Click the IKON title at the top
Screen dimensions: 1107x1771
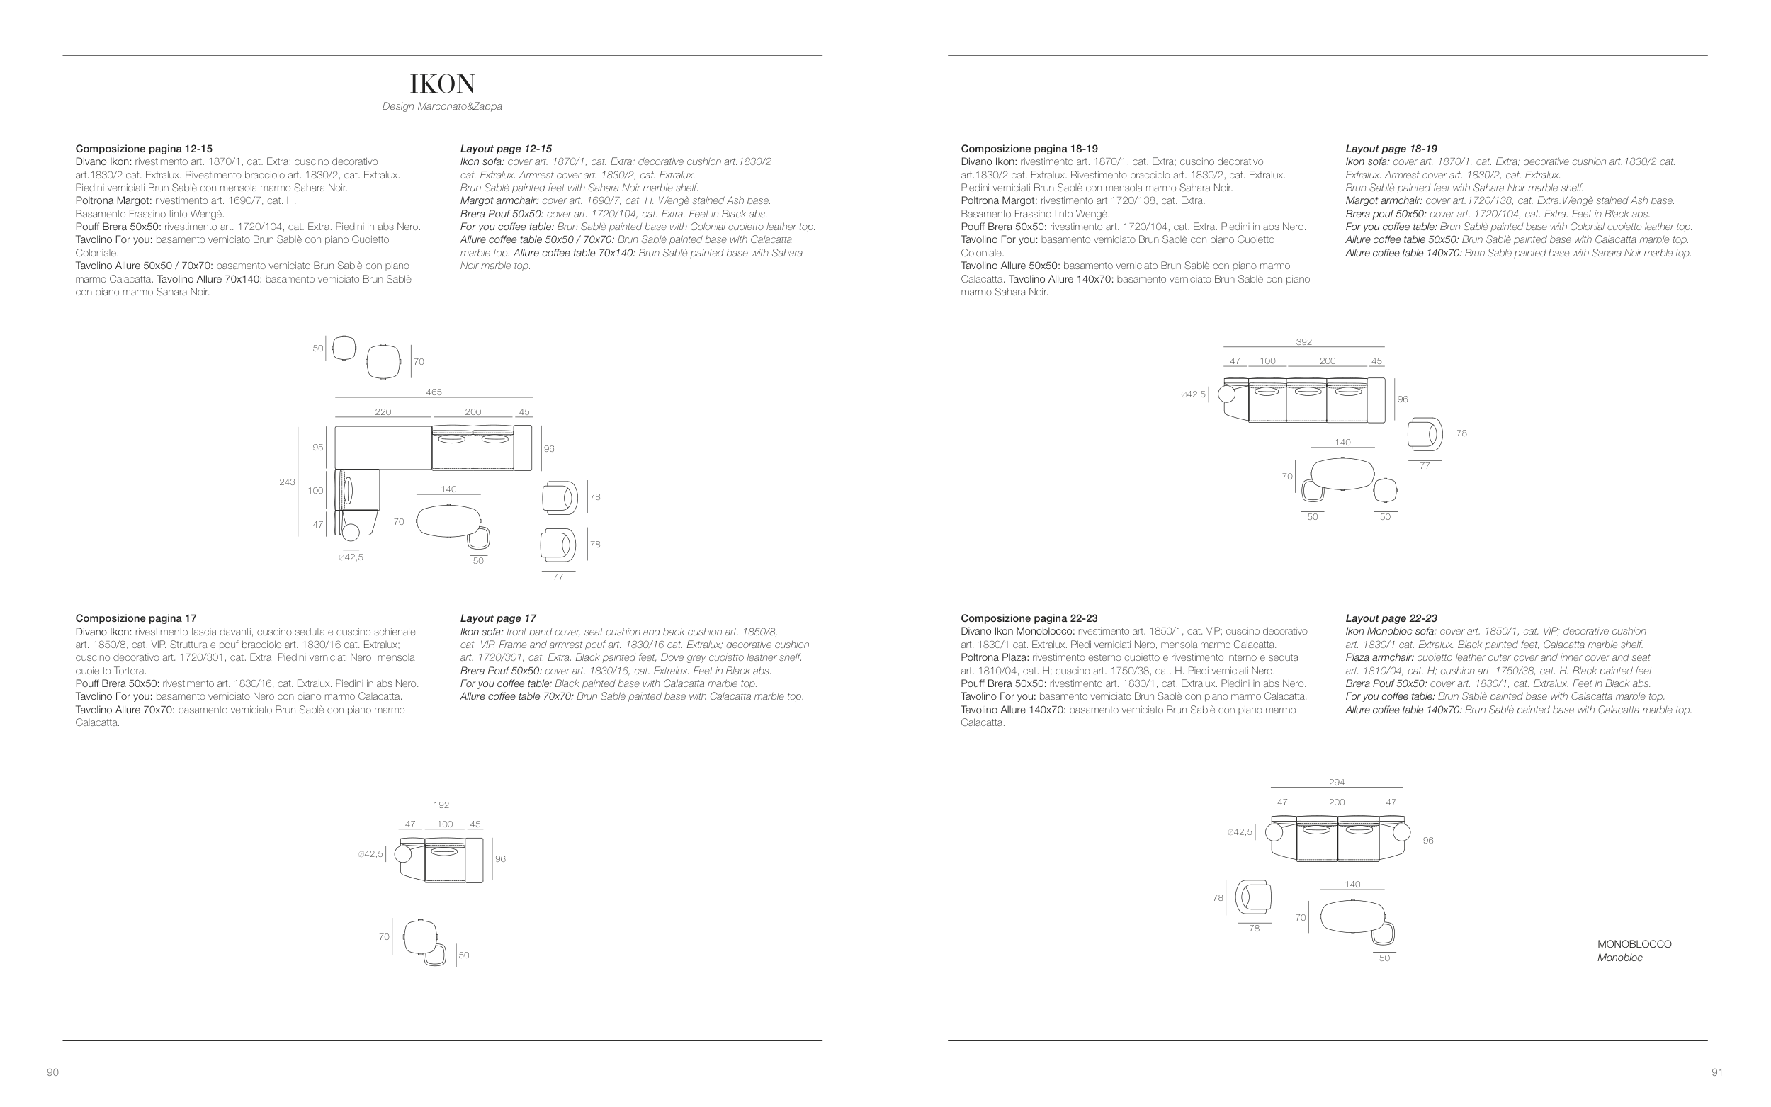442,84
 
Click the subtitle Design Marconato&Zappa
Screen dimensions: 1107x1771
441,107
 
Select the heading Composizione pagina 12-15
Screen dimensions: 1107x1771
144,149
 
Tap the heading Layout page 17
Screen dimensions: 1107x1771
497,619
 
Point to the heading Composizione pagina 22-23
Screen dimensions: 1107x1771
1029,619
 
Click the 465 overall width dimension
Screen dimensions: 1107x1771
434,392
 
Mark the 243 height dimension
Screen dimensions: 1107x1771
287,482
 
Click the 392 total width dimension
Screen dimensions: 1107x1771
1303,342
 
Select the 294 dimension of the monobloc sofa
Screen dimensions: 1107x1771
1336,783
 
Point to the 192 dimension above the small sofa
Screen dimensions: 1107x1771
441,805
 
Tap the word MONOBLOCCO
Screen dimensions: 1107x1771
1634,945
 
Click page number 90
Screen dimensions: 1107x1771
52,1072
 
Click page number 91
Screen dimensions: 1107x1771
1717,1072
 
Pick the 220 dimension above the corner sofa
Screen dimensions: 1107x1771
383,412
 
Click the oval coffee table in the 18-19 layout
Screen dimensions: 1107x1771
1342,473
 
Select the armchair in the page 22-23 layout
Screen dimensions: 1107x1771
1253,897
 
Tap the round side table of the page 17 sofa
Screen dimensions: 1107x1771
402,853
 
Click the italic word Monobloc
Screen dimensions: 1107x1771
1619,958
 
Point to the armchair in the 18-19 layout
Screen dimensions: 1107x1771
1424,434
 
